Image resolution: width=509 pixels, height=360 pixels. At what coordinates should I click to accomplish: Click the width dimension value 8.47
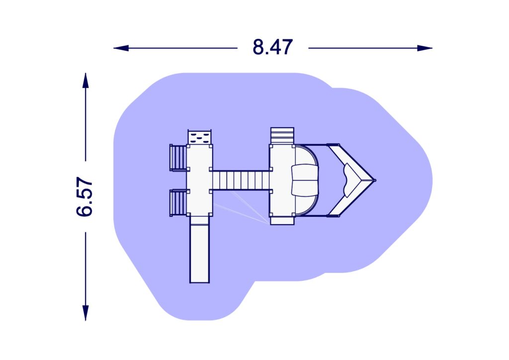tap(272, 48)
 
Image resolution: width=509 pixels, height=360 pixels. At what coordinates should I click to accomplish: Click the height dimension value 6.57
tap(85, 196)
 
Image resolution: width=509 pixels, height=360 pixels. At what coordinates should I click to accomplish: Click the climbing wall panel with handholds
tap(199, 137)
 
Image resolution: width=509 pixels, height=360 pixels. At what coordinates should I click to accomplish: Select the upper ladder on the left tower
tap(178, 157)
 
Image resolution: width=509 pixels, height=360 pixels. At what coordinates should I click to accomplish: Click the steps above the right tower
tap(282, 136)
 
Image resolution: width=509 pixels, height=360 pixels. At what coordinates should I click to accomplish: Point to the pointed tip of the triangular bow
tap(374, 180)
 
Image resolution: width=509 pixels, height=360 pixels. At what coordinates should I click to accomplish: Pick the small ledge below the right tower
tap(282, 220)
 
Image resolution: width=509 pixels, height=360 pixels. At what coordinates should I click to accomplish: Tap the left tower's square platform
tap(199, 180)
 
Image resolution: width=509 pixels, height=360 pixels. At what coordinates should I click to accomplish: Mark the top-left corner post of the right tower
tap(271, 146)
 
